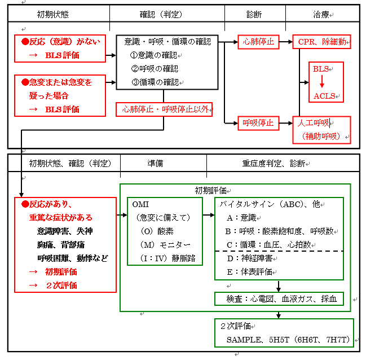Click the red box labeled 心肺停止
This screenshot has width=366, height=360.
[x=258, y=41]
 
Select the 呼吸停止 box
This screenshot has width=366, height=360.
[x=258, y=122]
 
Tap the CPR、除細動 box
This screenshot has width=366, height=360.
[x=321, y=41]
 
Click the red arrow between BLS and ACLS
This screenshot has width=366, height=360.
[x=322, y=82]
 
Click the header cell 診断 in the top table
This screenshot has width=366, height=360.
[x=255, y=14]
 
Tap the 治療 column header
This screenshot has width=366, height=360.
[x=322, y=14]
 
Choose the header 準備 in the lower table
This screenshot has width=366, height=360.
[x=155, y=163]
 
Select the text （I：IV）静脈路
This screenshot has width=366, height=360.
[x=167, y=257]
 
